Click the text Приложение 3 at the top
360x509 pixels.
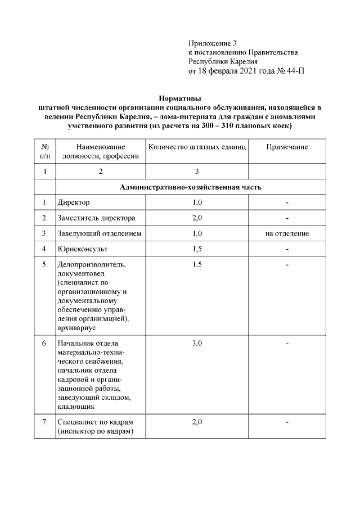tap(213, 43)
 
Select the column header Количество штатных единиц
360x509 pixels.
tap(197, 147)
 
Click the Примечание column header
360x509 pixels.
tap(287, 147)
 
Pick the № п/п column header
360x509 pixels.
tap(45, 151)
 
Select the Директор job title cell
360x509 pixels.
tap(74, 202)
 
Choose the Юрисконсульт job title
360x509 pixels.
tap(83, 248)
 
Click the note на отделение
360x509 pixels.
tap(287, 233)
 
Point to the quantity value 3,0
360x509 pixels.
tap(197, 343)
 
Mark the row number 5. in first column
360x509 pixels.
tap(45, 264)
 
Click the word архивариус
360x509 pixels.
tap(77, 327)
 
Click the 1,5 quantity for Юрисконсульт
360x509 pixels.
tap(197, 248)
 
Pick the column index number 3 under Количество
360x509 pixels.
tap(197, 171)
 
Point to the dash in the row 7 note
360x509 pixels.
tap(287, 422)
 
